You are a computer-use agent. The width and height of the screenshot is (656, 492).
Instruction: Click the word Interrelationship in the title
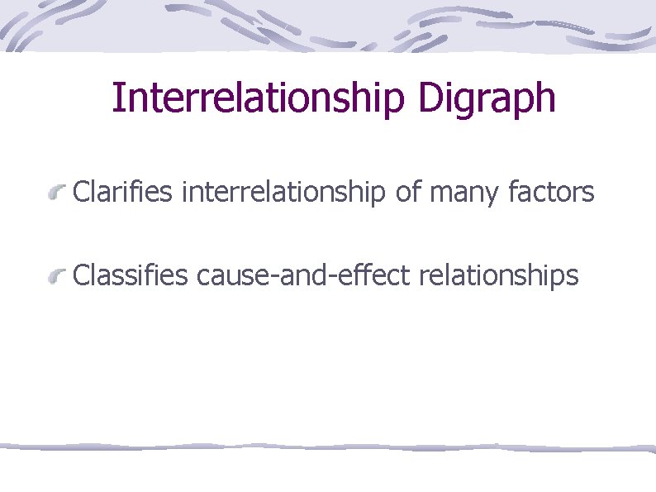point(259,98)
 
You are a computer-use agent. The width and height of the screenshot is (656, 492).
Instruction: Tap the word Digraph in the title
point(487,98)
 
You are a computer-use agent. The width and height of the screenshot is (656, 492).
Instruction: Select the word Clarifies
point(123,193)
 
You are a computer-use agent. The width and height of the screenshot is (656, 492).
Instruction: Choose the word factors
point(552,193)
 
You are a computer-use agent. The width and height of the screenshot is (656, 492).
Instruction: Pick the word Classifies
point(131,275)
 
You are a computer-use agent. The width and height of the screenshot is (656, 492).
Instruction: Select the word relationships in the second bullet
point(499,275)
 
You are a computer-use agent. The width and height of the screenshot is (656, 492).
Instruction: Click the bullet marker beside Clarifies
point(56,195)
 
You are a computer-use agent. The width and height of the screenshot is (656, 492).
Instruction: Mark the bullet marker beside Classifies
point(56,277)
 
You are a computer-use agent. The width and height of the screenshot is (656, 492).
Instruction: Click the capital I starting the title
point(116,98)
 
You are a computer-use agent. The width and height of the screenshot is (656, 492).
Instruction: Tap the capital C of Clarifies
point(80,193)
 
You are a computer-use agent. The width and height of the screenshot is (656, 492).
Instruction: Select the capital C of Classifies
point(80,275)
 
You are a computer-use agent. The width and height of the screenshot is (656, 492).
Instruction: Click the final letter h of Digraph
point(545,98)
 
